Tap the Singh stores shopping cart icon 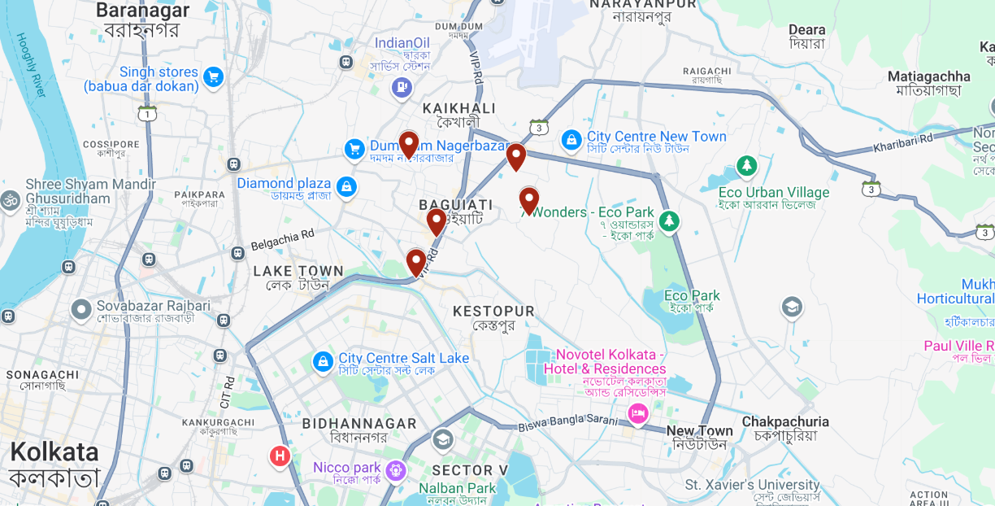coord(214,77)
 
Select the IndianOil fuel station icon coord(402,88)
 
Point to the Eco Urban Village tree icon coord(746,167)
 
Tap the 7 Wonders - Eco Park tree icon coord(669,220)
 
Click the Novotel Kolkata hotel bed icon coord(637,415)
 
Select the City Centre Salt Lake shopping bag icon coord(323,360)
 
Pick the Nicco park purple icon coord(396,469)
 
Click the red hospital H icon coord(280,456)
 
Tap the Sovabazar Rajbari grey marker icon coord(80,309)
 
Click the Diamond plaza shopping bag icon coord(346,186)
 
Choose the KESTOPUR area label coord(493,312)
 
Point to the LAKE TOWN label coord(298,271)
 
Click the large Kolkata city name coord(54,453)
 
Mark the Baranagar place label coord(142,11)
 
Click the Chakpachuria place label coord(785,421)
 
